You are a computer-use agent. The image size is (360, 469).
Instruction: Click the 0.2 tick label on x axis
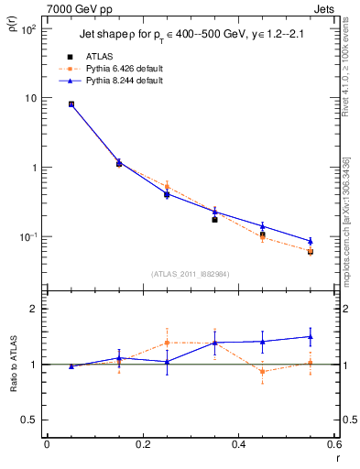(142, 446)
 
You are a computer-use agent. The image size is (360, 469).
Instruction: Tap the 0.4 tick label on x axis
(238, 446)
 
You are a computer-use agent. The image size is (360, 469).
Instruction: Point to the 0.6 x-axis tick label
(334, 446)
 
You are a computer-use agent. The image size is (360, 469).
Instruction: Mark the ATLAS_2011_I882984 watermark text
(190, 273)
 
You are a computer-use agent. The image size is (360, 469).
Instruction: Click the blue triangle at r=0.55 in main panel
(311, 241)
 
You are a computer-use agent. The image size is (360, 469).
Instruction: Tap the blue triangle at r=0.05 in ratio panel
(71, 366)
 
